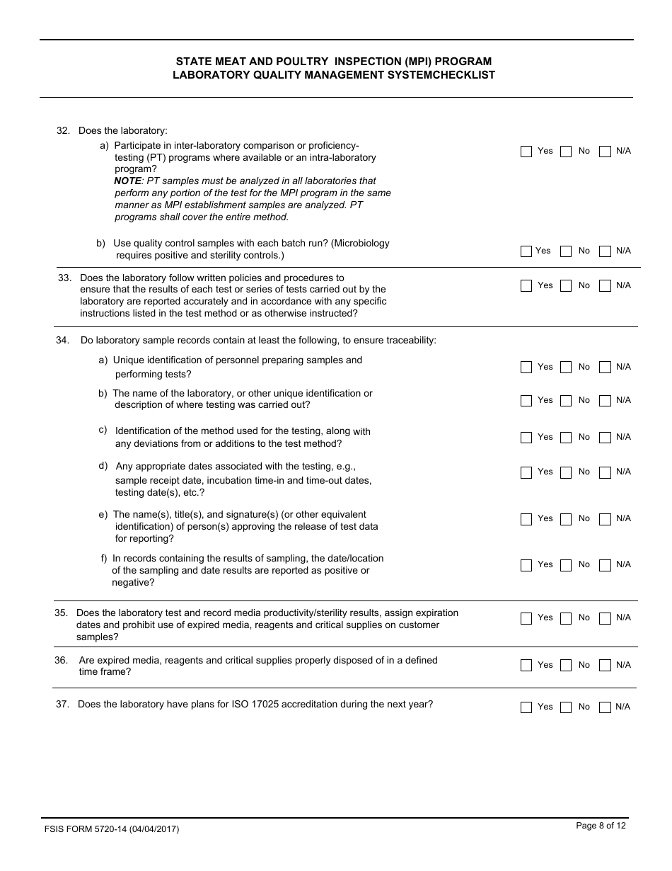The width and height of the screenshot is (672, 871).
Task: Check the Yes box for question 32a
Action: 526,152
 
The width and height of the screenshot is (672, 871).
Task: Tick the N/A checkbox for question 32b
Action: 605,251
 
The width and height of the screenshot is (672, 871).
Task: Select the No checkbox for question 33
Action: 566,286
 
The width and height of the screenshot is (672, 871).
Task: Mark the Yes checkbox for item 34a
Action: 526,368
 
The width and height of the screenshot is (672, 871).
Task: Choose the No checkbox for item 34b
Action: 566,401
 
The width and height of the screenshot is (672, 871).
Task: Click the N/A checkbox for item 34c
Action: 605,438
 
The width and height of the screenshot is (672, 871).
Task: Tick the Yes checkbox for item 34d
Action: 526,472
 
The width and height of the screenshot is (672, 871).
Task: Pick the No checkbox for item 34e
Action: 566,519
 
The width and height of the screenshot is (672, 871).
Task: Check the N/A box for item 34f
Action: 605,565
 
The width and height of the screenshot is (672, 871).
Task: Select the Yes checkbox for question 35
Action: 526,618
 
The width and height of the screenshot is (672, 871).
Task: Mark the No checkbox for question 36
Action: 566,666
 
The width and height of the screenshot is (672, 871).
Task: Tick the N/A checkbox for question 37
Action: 605,707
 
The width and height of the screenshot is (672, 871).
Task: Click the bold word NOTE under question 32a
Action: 127,181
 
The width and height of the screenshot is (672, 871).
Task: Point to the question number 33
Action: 64,278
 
